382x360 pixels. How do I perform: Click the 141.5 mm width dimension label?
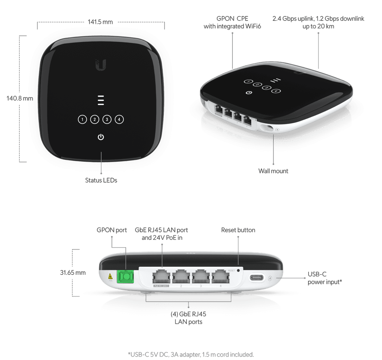tap(100, 22)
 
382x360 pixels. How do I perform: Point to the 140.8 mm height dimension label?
tap(20, 98)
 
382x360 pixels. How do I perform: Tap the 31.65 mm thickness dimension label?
tap(73, 273)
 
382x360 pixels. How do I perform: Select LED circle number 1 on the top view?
tap(82, 120)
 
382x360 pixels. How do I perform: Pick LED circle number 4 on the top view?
tap(119, 120)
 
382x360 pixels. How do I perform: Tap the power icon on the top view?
tap(101, 137)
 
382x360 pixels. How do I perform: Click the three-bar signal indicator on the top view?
tap(101, 100)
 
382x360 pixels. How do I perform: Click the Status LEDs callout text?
tap(101, 180)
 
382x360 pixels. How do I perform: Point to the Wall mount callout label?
tap(273, 171)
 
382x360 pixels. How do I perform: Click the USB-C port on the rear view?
tap(257, 278)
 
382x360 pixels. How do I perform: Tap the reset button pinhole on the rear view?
tap(238, 270)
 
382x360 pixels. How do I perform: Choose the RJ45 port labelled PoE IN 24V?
tap(162, 277)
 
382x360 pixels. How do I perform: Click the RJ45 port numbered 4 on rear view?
tap(221, 277)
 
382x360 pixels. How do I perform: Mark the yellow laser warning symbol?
tap(110, 276)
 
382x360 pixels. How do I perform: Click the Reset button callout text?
tap(238, 230)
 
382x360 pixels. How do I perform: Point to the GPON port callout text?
tap(112, 230)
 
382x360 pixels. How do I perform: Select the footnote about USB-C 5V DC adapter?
tap(191, 354)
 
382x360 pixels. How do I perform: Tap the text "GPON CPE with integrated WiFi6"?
tap(232, 22)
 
